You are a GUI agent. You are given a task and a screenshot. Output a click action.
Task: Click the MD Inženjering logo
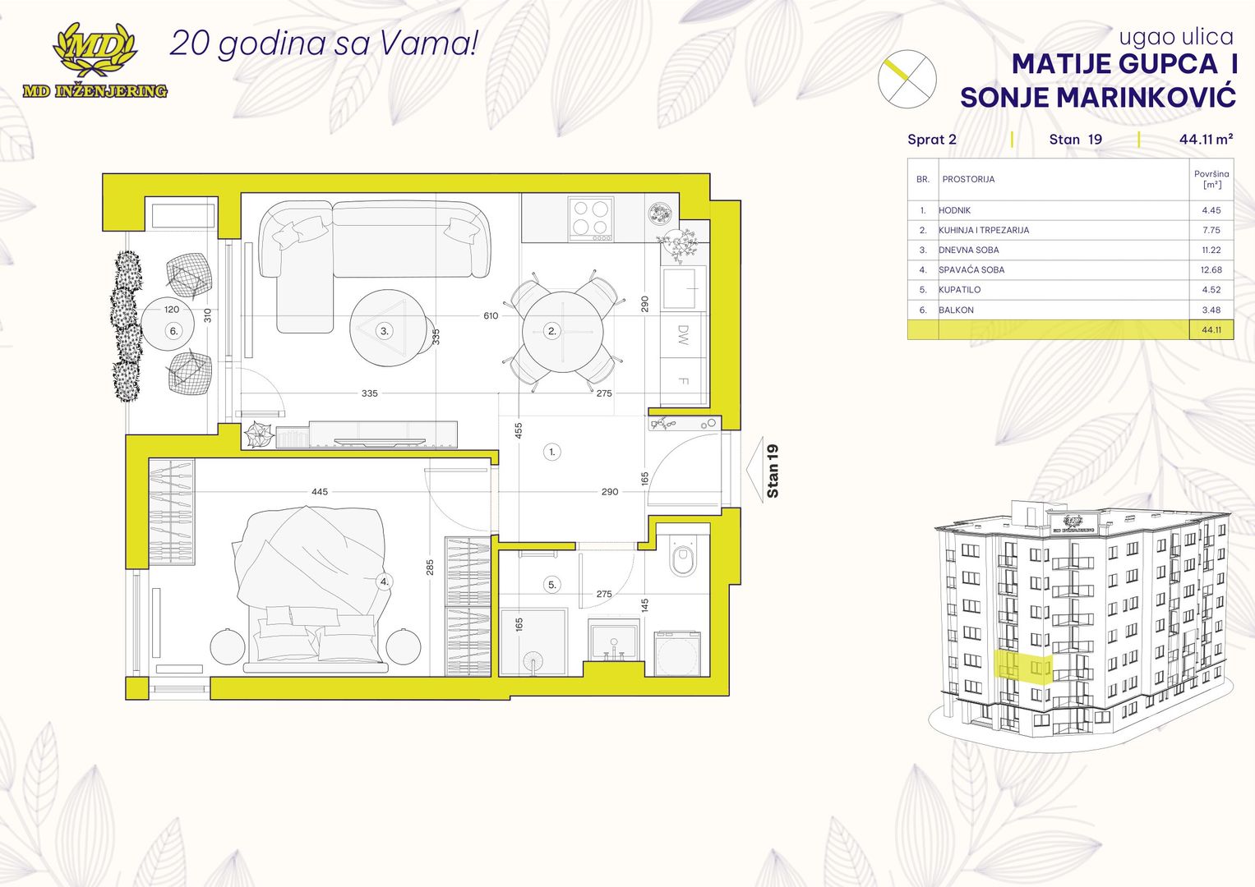point(95,61)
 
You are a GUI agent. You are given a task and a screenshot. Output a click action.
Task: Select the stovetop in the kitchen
point(591,219)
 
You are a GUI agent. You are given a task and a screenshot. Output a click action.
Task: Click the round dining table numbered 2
point(563,332)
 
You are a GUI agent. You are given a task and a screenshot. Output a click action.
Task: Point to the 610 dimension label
point(491,316)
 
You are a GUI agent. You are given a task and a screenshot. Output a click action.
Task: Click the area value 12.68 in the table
point(1211,270)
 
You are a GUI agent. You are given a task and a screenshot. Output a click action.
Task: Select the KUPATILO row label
point(960,290)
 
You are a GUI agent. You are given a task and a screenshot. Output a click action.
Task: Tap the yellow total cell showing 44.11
point(1211,330)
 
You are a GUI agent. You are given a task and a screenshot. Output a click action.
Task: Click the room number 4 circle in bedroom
point(385,581)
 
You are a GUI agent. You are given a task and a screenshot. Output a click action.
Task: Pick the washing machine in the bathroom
point(677,654)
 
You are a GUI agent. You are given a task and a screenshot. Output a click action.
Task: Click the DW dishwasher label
point(683,335)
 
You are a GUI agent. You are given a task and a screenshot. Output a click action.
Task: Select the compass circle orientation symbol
point(907,79)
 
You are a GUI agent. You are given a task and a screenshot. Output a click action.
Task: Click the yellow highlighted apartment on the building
point(1023,668)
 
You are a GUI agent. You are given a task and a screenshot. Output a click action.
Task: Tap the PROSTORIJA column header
point(968,179)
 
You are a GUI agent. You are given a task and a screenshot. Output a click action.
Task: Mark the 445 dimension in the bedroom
point(320,492)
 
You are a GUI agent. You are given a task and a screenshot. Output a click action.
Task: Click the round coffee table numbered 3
point(388,329)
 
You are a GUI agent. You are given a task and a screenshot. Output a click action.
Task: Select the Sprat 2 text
point(932,140)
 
